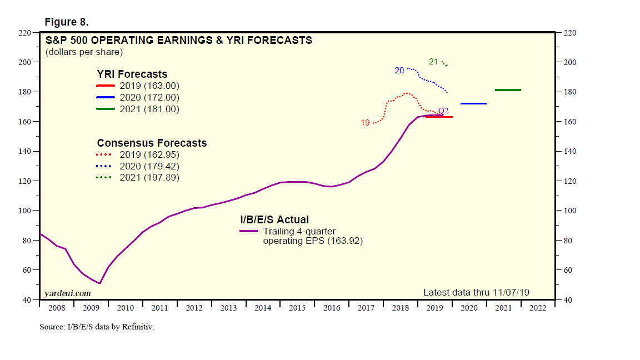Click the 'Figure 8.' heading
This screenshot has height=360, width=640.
click(x=66, y=22)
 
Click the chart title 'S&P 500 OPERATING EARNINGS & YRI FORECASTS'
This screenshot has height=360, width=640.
click(x=178, y=40)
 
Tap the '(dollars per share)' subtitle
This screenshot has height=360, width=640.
click(x=83, y=52)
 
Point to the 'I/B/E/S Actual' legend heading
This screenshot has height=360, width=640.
click(x=274, y=219)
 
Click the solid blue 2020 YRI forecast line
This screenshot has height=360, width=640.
click(x=473, y=103)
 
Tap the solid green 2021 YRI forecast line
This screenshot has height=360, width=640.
click(x=508, y=90)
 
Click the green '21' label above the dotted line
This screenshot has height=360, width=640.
click(x=434, y=61)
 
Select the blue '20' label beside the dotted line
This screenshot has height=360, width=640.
click(x=399, y=71)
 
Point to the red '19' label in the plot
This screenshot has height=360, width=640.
click(x=366, y=123)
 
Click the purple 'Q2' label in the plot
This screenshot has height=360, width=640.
click(x=443, y=111)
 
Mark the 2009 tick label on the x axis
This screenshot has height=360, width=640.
click(x=91, y=308)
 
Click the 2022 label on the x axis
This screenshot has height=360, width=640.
click(x=538, y=308)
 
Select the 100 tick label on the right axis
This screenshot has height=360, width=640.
click(x=571, y=211)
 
